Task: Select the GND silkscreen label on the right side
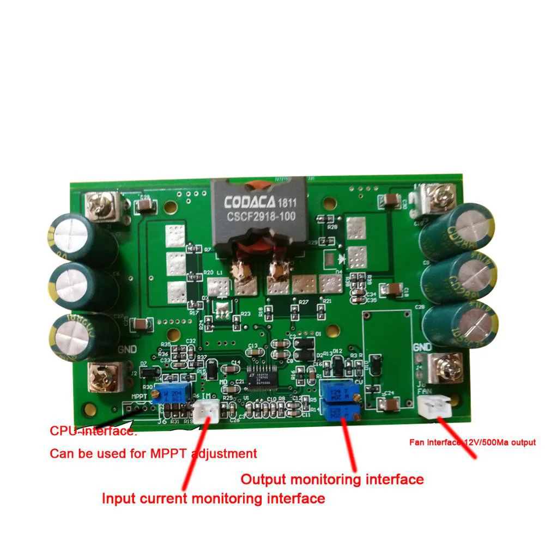click(422, 347)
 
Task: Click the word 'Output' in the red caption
click(263, 480)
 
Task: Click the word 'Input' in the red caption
click(117, 498)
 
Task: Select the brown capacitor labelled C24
click(391, 404)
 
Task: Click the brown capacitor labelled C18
click(392, 289)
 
